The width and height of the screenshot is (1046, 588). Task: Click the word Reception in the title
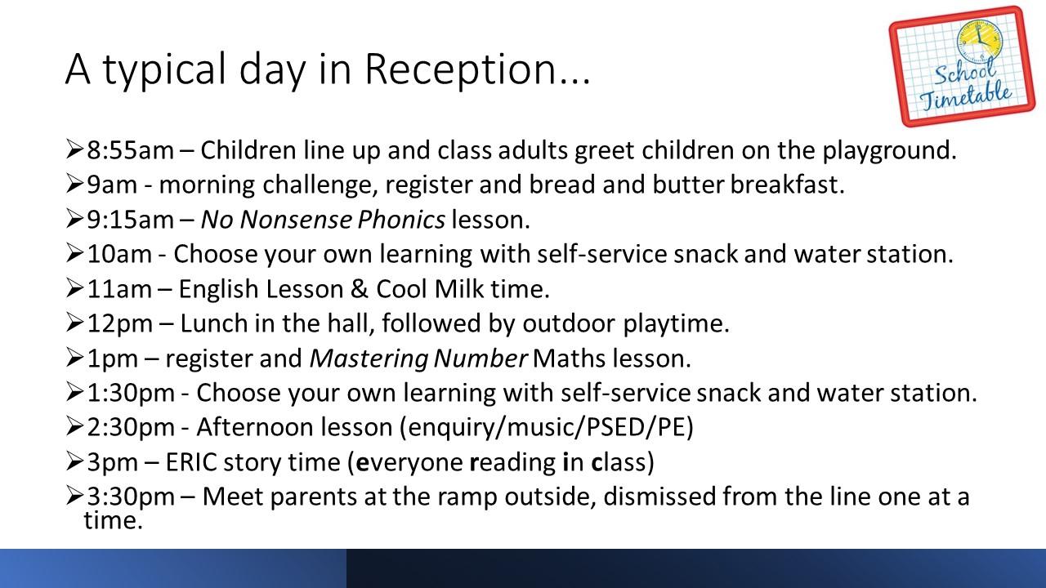coord(476,70)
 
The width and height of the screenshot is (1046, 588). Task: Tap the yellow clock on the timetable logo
coord(979,42)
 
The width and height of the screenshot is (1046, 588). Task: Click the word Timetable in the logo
coord(967,96)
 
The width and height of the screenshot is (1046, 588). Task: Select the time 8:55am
coord(130,150)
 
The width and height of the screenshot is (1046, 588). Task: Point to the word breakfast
coord(787,184)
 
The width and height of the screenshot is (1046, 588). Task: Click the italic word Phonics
coord(401,220)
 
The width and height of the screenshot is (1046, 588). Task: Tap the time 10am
coord(119,254)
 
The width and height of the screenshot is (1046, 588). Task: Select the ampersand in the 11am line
coord(359,289)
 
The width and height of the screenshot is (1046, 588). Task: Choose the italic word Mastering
coord(369,359)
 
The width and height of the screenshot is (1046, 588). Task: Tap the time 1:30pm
coord(131,393)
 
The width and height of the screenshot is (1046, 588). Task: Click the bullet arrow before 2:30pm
coord(74,426)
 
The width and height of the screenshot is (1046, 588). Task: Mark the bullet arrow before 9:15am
coord(74,218)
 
